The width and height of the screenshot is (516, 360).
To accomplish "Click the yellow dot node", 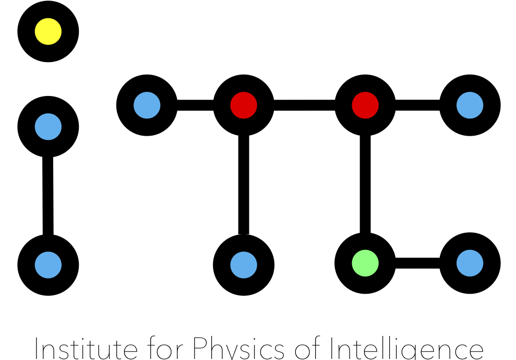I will point(48,32).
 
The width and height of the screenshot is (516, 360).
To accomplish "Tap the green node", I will point(365,263).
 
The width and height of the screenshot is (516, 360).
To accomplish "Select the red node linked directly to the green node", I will point(365,105).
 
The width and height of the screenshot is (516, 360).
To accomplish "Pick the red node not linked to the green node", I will point(244,105).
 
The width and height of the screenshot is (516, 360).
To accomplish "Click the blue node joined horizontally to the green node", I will point(470,263).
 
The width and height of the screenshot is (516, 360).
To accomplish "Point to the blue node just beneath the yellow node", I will point(48,126).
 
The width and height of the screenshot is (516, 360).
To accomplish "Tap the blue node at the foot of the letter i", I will point(48,265).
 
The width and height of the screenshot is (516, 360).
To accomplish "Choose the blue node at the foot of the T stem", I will point(244,265).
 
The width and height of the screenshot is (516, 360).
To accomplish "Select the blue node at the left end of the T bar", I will point(147,105).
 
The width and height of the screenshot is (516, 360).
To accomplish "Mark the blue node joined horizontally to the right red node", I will point(470,105).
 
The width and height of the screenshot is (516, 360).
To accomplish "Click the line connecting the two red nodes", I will point(304,105).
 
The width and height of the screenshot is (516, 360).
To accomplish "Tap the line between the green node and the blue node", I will point(417,263).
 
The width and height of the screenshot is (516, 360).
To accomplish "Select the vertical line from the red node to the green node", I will point(365,183).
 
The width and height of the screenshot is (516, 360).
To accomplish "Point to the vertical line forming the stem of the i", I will point(48,196).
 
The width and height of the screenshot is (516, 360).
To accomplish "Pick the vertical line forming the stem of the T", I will point(244,183).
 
